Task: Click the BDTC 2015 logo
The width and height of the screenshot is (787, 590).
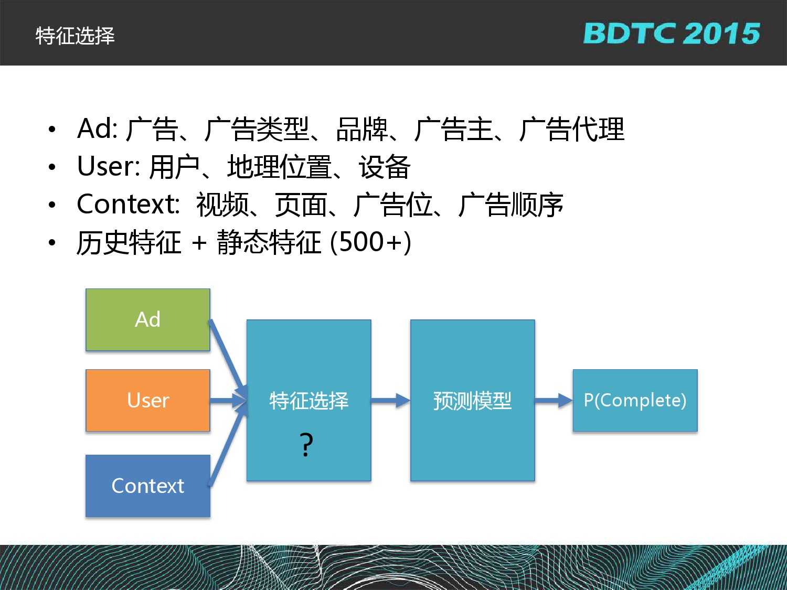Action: [x=671, y=34]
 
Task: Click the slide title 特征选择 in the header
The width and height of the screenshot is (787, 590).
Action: [x=75, y=36]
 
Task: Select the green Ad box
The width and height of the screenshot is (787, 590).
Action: [x=148, y=319]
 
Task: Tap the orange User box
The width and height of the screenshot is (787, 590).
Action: [x=148, y=400]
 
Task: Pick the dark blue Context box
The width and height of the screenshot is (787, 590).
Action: [x=148, y=486]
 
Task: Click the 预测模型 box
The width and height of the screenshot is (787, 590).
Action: [x=473, y=400]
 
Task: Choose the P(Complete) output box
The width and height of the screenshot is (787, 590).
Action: [x=635, y=400]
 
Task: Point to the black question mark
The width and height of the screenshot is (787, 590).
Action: [x=306, y=445]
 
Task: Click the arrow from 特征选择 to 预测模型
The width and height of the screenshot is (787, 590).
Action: [x=390, y=400]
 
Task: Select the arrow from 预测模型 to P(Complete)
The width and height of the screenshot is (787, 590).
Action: [x=554, y=400]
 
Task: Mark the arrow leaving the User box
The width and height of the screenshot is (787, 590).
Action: [x=228, y=400]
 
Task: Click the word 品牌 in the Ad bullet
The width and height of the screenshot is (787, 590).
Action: [x=361, y=129]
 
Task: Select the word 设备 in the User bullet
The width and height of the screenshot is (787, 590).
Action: [x=385, y=167]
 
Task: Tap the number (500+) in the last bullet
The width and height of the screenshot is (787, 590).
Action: [x=370, y=242]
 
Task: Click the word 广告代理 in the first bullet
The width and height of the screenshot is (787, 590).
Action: [x=572, y=129]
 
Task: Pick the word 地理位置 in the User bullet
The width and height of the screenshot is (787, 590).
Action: [x=279, y=167]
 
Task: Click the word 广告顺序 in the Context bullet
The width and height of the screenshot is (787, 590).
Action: [x=511, y=205]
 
